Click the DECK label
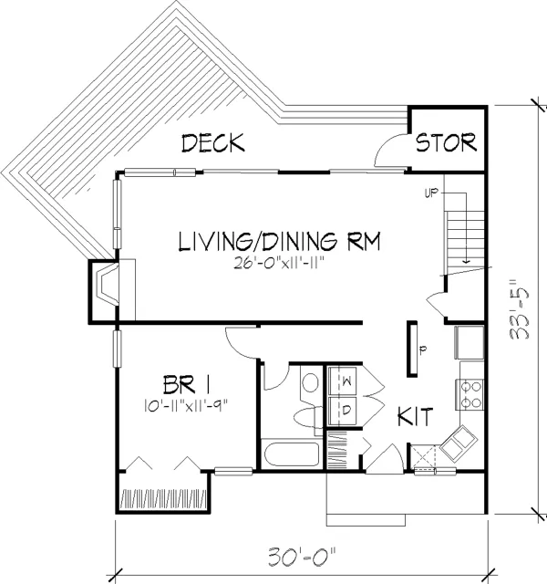tap(213, 143)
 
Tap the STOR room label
tap(446, 142)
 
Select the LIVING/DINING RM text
tap(280, 241)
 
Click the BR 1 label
tap(187, 384)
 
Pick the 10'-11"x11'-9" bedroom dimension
tap(186, 405)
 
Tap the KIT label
tap(416, 416)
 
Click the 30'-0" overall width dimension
tap(302, 557)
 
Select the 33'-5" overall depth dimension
tap(519, 309)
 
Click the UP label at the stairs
tap(431, 193)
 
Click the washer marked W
tap(341, 381)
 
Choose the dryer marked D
tap(341, 411)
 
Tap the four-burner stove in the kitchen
tap(470, 395)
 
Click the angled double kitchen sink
tap(458, 443)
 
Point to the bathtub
tap(292, 454)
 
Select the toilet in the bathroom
tap(308, 418)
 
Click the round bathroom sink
tap(310, 383)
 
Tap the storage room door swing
tap(391, 149)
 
